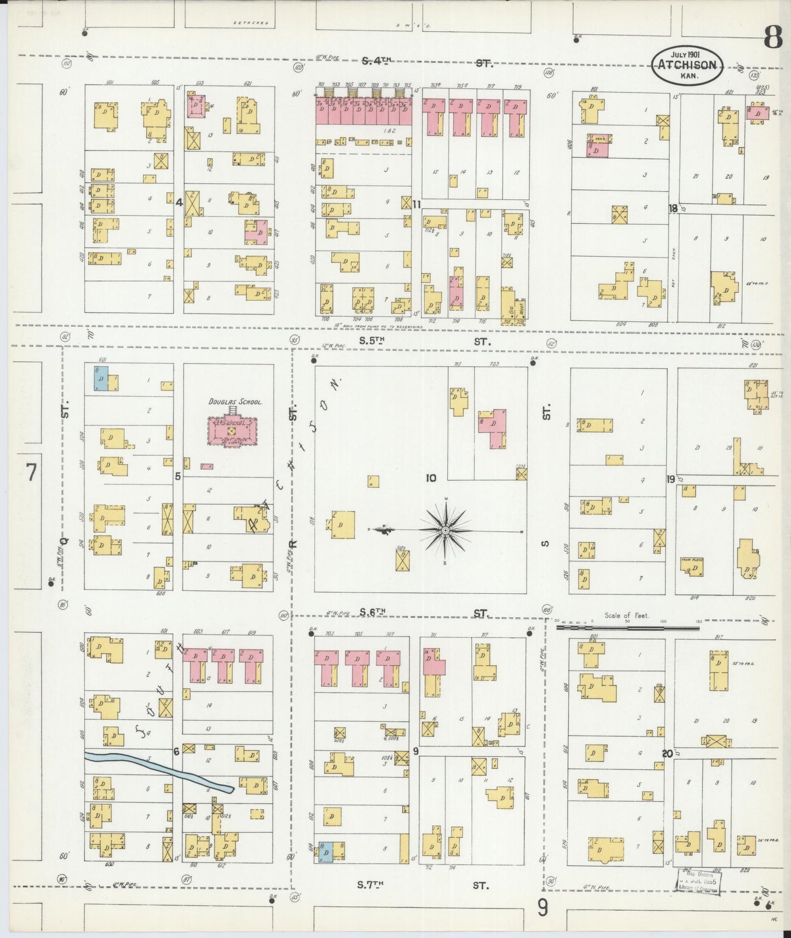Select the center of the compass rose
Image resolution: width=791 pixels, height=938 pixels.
click(446, 530)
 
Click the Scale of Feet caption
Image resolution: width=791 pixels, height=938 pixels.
click(626, 615)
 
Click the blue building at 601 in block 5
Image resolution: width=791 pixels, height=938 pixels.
click(101, 378)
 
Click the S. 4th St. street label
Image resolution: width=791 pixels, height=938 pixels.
click(427, 62)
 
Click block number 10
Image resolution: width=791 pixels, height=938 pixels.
click(431, 478)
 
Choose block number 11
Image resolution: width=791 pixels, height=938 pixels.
click(417, 205)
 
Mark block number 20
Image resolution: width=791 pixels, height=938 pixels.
click(666, 754)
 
